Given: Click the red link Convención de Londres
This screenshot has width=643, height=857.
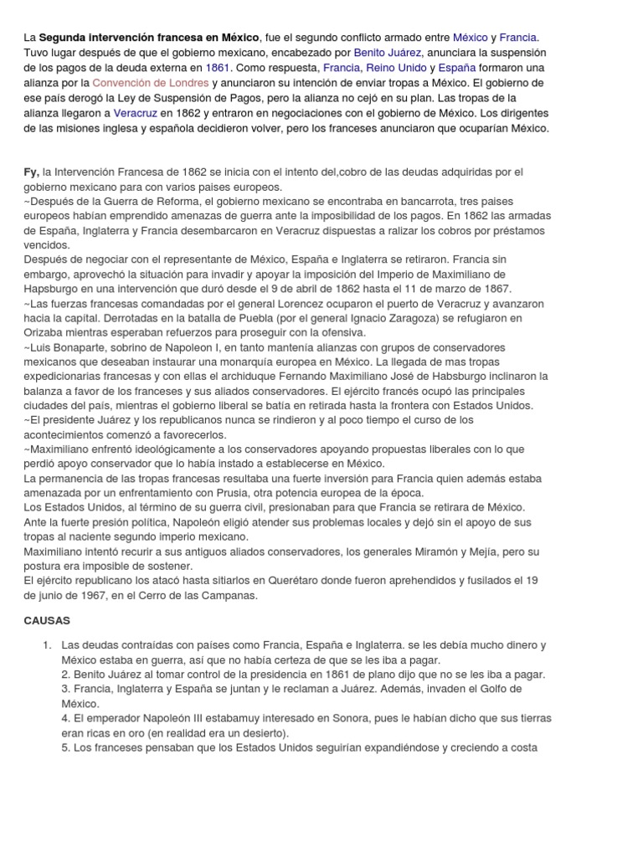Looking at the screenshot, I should (150, 84).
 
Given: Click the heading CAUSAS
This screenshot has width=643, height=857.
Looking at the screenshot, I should (47, 622).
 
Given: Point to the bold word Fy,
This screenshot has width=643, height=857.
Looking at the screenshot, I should (31, 172).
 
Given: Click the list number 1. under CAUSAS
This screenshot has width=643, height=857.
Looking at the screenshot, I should (48, 645).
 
